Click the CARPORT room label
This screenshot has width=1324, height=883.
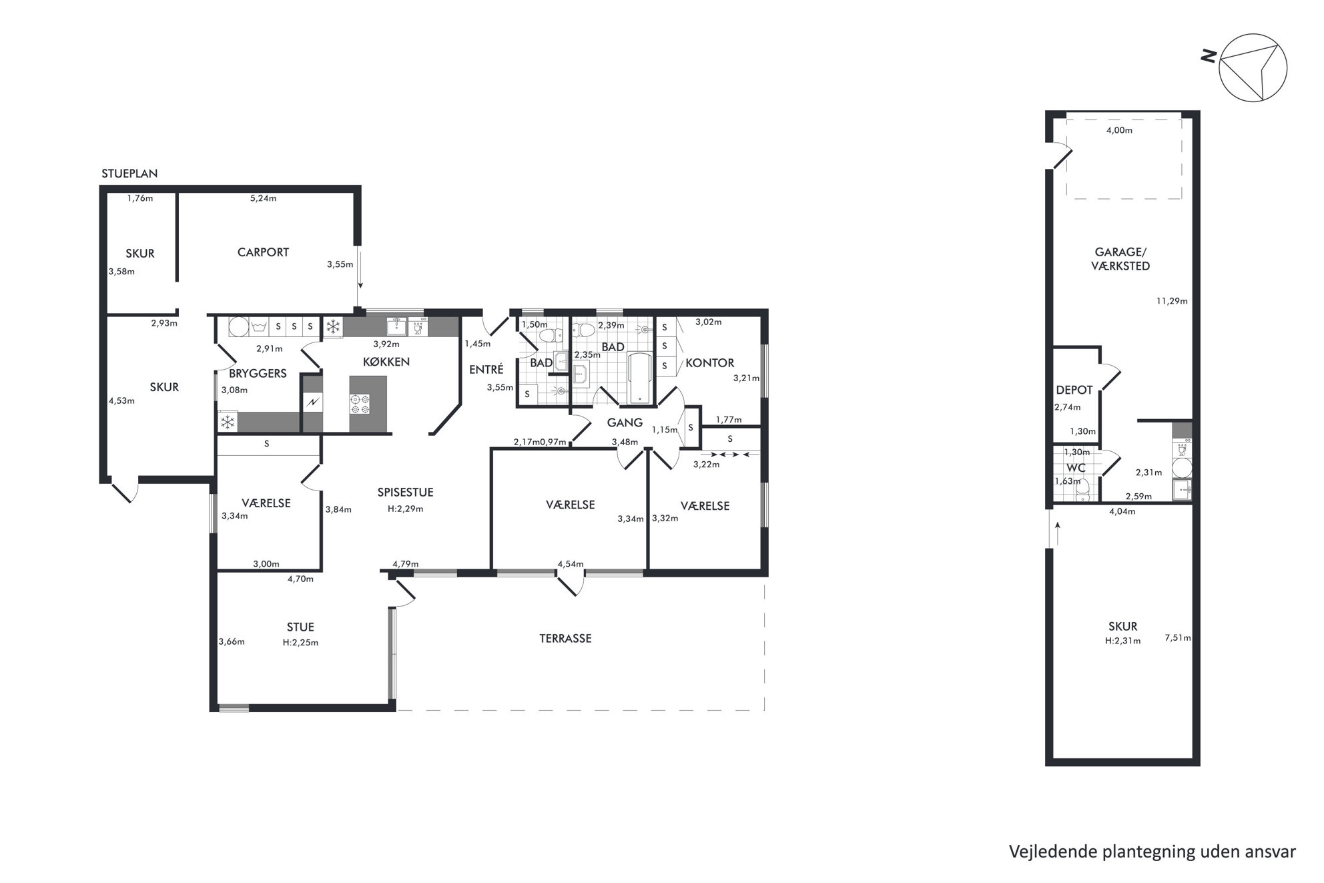tap(263, 252)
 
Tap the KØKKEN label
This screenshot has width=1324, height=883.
tap(386, 362)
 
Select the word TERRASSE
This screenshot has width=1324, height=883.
tap(565, 638)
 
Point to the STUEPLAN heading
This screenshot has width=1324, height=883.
tap(129, 174)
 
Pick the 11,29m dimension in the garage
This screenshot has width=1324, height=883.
tap(1172, 301)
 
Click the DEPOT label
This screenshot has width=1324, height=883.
tap(1074, 390)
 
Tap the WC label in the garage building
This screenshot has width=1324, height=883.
tap(1076, 468)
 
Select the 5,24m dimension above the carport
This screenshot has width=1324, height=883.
tap(263, 198)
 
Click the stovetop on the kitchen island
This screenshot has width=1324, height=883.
tap(360, 404)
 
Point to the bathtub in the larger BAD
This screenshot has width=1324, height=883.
tap(640, 378)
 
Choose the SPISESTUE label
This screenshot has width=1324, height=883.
tap(405, 493)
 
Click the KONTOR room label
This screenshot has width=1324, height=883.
tap(710, 363)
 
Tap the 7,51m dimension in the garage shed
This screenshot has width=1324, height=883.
tap(1178, 637)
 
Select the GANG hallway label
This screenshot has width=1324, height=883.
tap(625, 422)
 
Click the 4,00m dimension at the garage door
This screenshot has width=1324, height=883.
tap(1119, 130)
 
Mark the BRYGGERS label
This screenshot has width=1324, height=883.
tap(258, 373)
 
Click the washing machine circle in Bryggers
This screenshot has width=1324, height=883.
tap(238, 327)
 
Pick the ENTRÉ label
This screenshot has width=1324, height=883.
tap(486, 369)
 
